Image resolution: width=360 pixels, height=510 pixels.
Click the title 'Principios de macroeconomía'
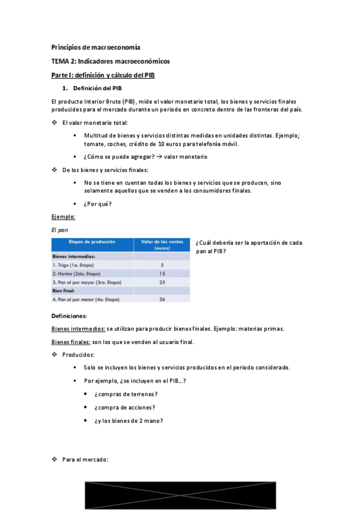(96, 47)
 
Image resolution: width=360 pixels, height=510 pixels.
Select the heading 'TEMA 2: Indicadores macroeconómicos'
(111, 61)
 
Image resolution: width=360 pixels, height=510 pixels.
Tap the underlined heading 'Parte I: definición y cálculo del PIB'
(103, 75)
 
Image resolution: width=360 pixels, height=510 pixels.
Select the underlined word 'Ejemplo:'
(63, 217)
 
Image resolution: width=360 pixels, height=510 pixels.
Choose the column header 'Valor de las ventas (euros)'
(162, 244)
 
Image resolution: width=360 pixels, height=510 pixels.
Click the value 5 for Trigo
(162, 265)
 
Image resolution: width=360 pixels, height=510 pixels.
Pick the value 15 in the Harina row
(162, 274)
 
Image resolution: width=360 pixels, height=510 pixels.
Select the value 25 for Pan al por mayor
(162, 282)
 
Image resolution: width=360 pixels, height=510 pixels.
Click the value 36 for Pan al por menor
(162, 299)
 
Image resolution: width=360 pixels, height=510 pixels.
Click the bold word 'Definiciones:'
(69, 316)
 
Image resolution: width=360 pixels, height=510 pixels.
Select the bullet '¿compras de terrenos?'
(126, 394)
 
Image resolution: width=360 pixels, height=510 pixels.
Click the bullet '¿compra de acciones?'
(124, 407)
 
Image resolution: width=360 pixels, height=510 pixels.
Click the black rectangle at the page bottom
(180, 495)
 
